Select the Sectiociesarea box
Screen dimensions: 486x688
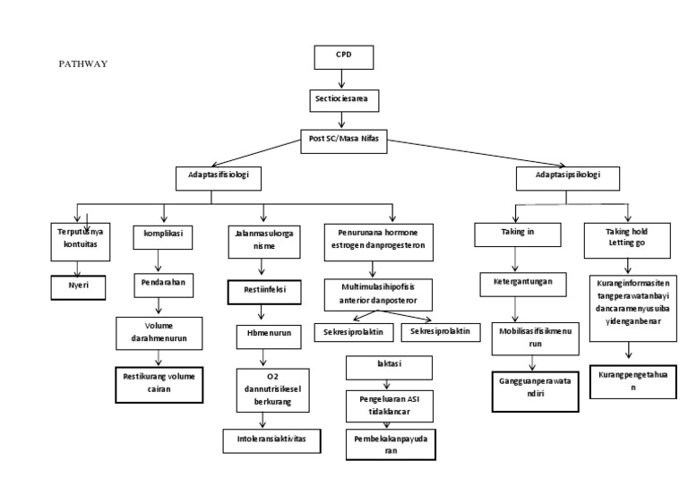343,96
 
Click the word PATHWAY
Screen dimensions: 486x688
83,64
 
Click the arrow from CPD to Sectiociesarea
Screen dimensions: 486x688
342,78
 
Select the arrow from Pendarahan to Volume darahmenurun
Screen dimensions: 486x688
159,306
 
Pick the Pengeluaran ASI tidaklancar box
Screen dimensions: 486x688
390,404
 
